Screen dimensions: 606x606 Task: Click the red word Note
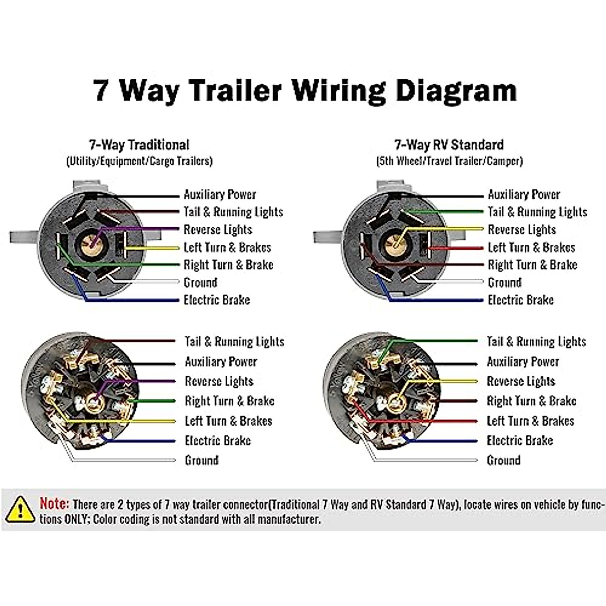(x=54, y=503)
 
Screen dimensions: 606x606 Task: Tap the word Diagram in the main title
(x=456, y=90)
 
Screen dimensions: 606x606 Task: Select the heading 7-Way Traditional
(x=139, y=145)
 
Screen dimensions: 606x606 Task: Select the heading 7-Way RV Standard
(x=448, y=145)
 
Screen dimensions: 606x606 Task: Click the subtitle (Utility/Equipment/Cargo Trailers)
(x=139, y=161)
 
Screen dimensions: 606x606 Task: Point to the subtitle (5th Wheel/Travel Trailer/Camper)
(x=449, y=161)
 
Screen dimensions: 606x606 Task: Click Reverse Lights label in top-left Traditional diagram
(x=218, y=230)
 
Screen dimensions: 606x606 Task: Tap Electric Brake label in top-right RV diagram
(x=520, y=300)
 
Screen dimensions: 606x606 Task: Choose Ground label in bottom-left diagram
(x=201, y=460)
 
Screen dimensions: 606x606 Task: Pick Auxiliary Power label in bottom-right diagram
(x=523, y=362)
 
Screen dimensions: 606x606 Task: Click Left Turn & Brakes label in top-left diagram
(x=227, y=247)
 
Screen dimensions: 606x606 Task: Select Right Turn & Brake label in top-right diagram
(x=532, y=265)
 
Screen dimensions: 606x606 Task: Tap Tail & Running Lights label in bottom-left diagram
(x=234, y=342)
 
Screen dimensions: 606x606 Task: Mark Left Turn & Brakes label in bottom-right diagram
(x=530, y=421)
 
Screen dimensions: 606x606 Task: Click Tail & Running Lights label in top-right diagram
(x=537, y=212)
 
